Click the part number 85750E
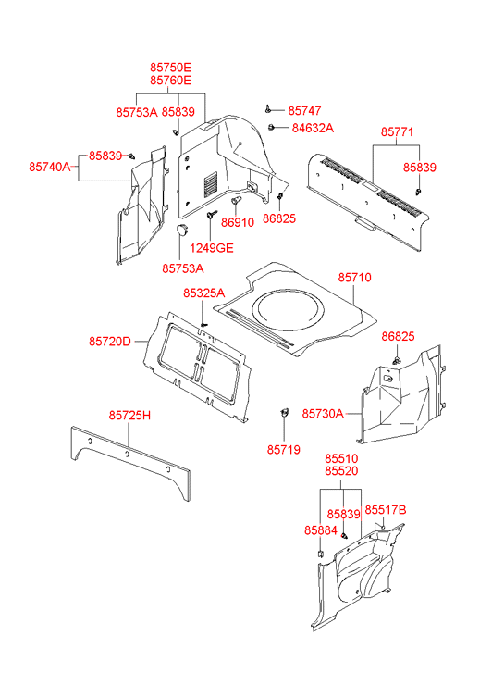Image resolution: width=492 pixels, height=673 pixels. pyautogui.click(x=171, y=68)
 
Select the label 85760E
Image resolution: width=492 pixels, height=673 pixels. pyautogui.click(x=171, y=81)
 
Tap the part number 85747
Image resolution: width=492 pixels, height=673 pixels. pyautogui.click(x=304, y=111)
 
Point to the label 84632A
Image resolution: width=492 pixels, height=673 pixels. pyautogui.click(x=313, y=128)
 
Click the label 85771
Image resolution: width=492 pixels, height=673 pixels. pyautogui.click(x=397, y=131)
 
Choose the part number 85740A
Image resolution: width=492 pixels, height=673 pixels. pyautogui.click(x=49, y=167)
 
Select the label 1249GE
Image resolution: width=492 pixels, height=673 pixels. pyautogui.click(x=212, y=248)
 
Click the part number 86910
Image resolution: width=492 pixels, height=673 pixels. pyautogui.click(x=238, y=222)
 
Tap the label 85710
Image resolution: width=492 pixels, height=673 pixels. pyautogui.click(x=355, y=278)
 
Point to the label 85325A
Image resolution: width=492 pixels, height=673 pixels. pyautogui.click(x=203, y=293)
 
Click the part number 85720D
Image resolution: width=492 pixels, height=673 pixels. pyautogui.click(x=110, y=342)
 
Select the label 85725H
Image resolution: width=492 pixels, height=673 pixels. pyautogui.click(x=129, y=416)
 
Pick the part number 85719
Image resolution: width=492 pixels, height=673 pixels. pyautogui.click(x=284, y=450)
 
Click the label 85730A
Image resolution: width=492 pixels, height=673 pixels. pyautogui.click(x=323, y=414)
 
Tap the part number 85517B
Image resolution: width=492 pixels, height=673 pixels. pyautogui.click(x=386, y=510)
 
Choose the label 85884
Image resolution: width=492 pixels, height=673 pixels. pyautogui.click(x=321, y=530)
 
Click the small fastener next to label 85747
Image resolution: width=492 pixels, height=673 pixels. pyautogui.click(x=267, y=109)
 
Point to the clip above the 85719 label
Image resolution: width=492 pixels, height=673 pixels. pyautogui.click(x=284, y=413)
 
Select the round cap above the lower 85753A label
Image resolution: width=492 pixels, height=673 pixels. pyautogui.click(x=183, y=230)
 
